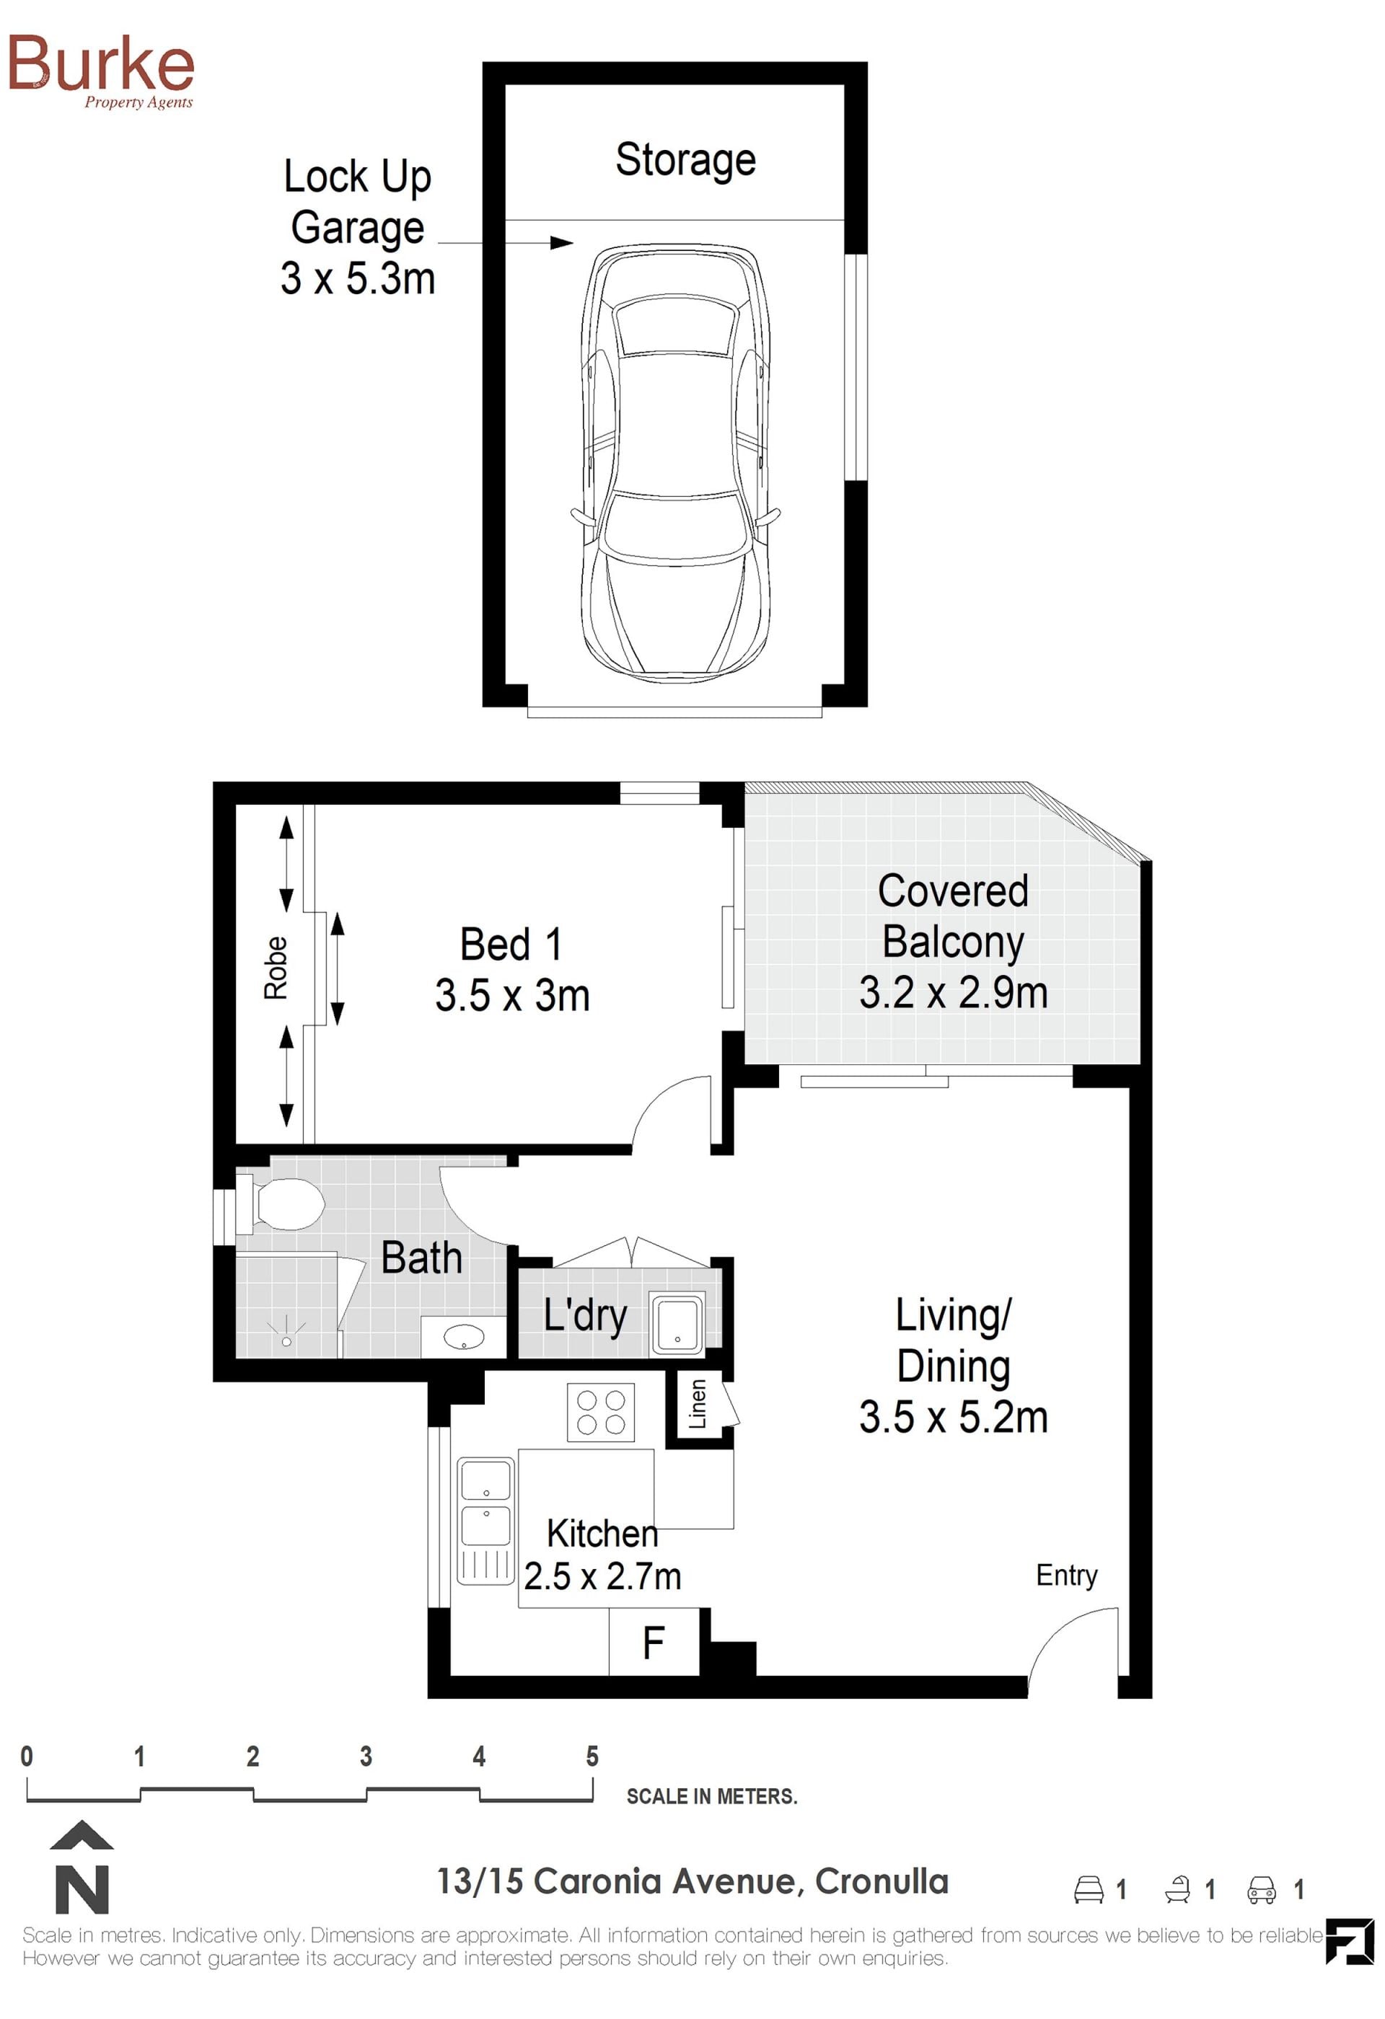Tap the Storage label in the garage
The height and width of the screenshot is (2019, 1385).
pos(685,161)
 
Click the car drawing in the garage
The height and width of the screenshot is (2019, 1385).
pos(675,464)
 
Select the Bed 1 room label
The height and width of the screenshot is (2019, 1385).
pos(511,945)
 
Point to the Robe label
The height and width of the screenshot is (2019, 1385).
pos(276,968)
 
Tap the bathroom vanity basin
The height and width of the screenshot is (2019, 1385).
pos(464,1337)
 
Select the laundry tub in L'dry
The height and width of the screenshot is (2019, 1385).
pos(677,1324)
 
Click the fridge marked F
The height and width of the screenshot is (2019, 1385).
pos(654,1641)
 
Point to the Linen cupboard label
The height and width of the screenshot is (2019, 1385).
pos(697,1404)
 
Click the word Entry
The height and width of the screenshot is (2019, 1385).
pos(1066,1575)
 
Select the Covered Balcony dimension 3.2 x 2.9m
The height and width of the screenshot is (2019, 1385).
pos(953,993)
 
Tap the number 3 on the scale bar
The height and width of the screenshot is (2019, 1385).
pos(366,1757)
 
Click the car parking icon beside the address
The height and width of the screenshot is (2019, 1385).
pos(1261,1889)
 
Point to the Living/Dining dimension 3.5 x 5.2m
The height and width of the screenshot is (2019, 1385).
pos(953,1417)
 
